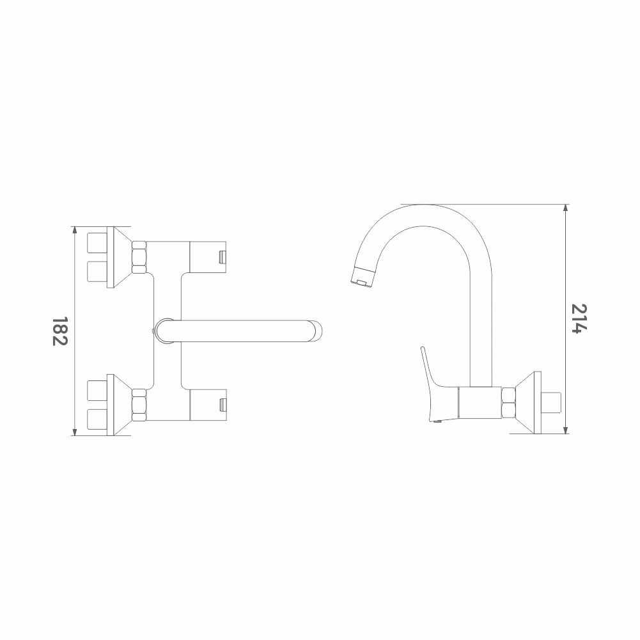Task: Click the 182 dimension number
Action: click(59, 331)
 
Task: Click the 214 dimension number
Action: click(580, 319)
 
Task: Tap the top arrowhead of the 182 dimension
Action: click(74, 230)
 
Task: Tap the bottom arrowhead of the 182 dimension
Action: click(74, 432)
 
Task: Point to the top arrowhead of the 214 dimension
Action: click(565, 208)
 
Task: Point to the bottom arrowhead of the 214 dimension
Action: click(565, 430)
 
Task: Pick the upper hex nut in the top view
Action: click(139, 257)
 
